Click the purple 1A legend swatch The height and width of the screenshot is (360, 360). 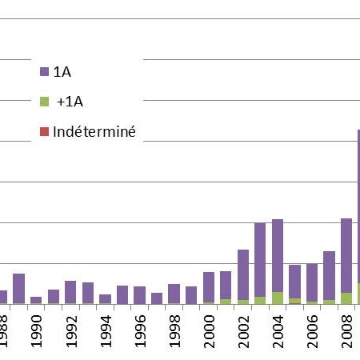tap(44, 72)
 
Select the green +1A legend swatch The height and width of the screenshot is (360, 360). tap(44, 102)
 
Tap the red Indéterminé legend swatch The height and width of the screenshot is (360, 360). tap(44, 132)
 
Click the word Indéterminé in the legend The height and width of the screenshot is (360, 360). tap(94, 132)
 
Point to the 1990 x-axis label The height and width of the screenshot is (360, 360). tap(37, 331)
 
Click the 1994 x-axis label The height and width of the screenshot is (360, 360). tap(106, 331)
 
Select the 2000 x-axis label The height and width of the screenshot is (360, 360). tap(209, 331)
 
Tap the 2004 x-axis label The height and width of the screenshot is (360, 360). tap(278, 331)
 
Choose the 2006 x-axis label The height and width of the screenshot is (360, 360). tap(313, 331)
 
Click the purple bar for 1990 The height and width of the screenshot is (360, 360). tap(36, 300)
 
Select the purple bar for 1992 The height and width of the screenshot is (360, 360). tap(70, 292)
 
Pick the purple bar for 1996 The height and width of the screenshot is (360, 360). tap(139, 295)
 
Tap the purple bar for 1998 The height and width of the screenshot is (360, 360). tap(174, 294)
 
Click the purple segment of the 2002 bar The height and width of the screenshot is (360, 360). tap(243, 275)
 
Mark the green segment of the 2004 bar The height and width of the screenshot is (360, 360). tap(278, 298)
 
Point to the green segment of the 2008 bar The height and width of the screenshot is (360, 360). tap(346, 298)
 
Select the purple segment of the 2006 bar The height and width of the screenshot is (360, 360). tap(312, 282)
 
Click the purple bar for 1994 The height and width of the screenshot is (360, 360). tap(105, 299)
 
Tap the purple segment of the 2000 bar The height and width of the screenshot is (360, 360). tap(209, 287)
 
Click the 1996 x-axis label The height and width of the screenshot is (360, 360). tap(140, 331)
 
